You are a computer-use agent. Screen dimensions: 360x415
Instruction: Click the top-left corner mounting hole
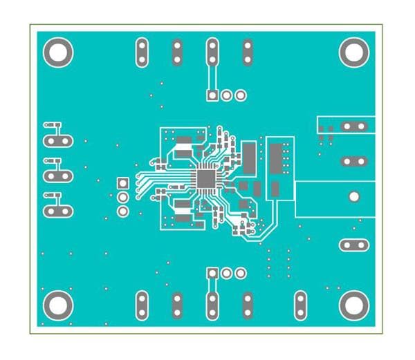coord(58,53)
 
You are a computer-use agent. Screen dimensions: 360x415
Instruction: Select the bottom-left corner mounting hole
coord(58,305)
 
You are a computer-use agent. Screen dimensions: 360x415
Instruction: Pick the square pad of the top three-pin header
coord(212,95)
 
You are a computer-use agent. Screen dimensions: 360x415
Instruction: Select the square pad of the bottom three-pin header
coord(212,273)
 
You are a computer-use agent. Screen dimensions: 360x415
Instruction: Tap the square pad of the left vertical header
coord(122,183)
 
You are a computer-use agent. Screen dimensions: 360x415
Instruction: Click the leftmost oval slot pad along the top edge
coord(142,53)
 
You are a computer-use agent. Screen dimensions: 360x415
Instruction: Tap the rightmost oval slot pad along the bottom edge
coord(300,305)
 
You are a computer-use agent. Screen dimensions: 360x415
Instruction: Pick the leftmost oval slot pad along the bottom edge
coord(142,305)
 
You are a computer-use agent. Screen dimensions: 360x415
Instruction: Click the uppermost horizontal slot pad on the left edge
coord(58,140)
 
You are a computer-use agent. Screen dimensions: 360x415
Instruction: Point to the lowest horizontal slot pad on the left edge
coord(58,211)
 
